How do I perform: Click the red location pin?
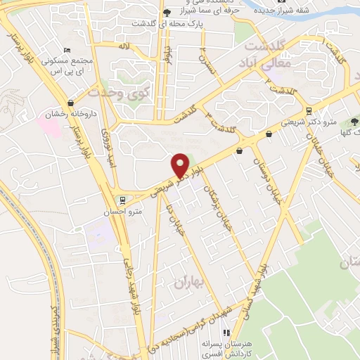180,166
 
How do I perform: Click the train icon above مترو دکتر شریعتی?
309,111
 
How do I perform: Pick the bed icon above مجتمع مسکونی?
67,50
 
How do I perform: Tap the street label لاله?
124,46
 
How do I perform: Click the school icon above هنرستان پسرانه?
226,333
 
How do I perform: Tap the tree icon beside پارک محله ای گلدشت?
166,13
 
